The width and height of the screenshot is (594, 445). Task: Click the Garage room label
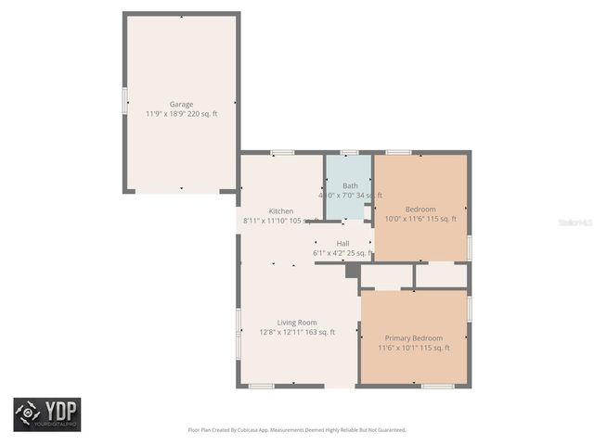(181, 104)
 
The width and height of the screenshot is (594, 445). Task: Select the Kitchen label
(281, 210)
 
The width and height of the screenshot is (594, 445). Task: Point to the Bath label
(349, 185)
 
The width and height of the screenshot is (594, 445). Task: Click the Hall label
(342, 243)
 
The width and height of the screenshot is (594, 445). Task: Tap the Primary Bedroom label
(413, 338)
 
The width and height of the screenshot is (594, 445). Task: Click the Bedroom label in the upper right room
(420, 210)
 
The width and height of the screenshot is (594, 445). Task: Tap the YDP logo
(46, 413)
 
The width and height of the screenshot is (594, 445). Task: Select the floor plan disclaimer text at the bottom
(297, 429)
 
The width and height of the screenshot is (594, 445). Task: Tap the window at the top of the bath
(349, 152)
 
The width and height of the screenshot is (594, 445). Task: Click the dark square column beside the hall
(352, 271)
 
